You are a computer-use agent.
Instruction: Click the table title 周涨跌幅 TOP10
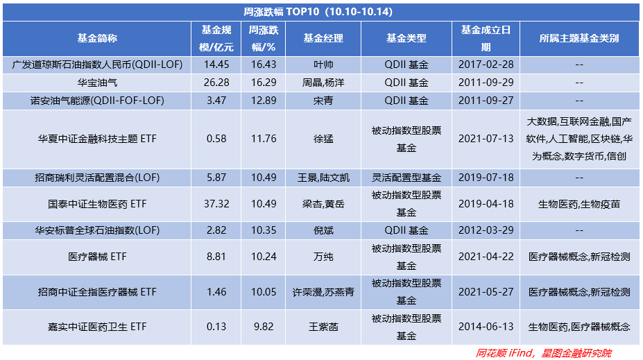tap(320, 11)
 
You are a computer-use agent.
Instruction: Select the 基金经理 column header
tap(323, 39)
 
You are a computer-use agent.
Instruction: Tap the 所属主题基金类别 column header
tap(578, 39)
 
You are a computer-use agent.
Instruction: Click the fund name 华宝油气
tap(96, 83)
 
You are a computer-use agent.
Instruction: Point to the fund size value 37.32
tap(216, 204)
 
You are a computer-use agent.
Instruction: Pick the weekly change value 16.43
tap(264, 65)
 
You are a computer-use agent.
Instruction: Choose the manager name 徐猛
tap(323, 139)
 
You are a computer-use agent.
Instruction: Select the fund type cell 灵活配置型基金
tap(406, 178)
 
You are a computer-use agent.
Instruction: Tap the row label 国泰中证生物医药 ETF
tap(96, 204)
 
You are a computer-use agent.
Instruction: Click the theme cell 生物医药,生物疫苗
tap(578, 204)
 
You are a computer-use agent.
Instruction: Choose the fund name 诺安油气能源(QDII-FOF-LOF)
tap(96, 101)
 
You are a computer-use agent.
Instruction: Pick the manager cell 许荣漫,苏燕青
tap(323, 293)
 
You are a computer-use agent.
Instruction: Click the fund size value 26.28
tap(216, 83)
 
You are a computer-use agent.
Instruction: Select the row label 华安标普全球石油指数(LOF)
tap(96, 230)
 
